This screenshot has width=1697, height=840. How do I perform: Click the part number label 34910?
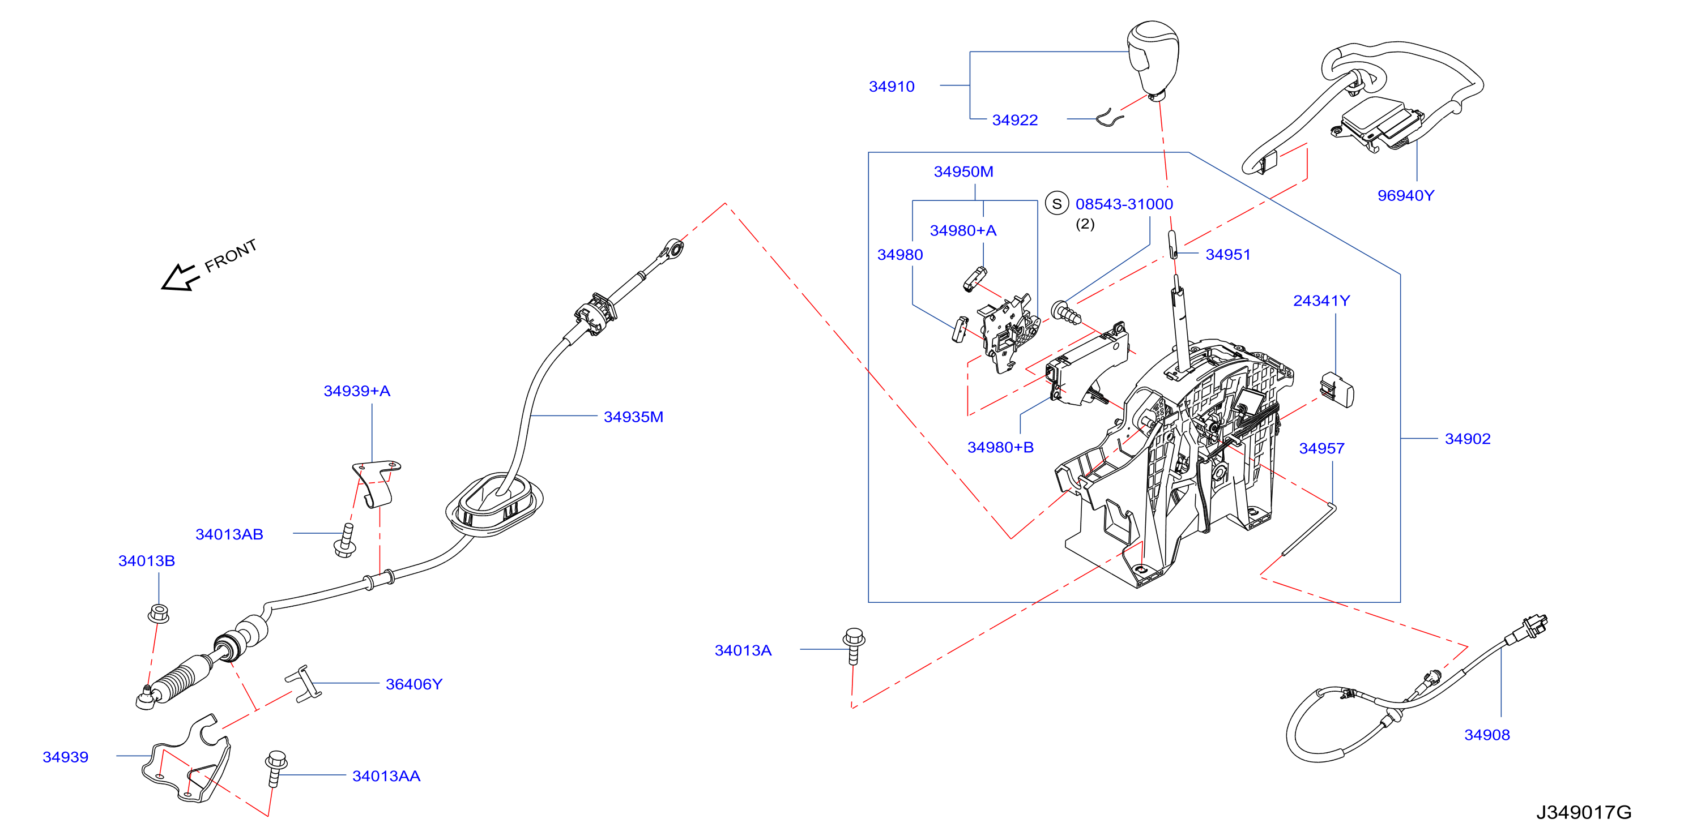point(892,86)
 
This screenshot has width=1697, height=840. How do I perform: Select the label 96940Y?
point(1405,195)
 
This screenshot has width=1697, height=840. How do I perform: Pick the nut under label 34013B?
point(158,614)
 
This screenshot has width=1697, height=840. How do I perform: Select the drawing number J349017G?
point(1584,812)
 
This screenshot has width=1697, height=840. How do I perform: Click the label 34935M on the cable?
point(633,417)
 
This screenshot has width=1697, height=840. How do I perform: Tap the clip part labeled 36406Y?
point(303,683)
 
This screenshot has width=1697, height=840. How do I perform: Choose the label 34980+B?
point(1000,447)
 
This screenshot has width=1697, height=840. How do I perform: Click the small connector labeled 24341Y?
point(1337,390)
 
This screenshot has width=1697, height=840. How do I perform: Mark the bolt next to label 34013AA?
point(275,767)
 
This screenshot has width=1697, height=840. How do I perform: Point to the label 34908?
point(1486,735)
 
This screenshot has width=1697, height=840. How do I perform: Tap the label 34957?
point(1321,448)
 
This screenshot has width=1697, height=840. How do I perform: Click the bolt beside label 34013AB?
point(345,541)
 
